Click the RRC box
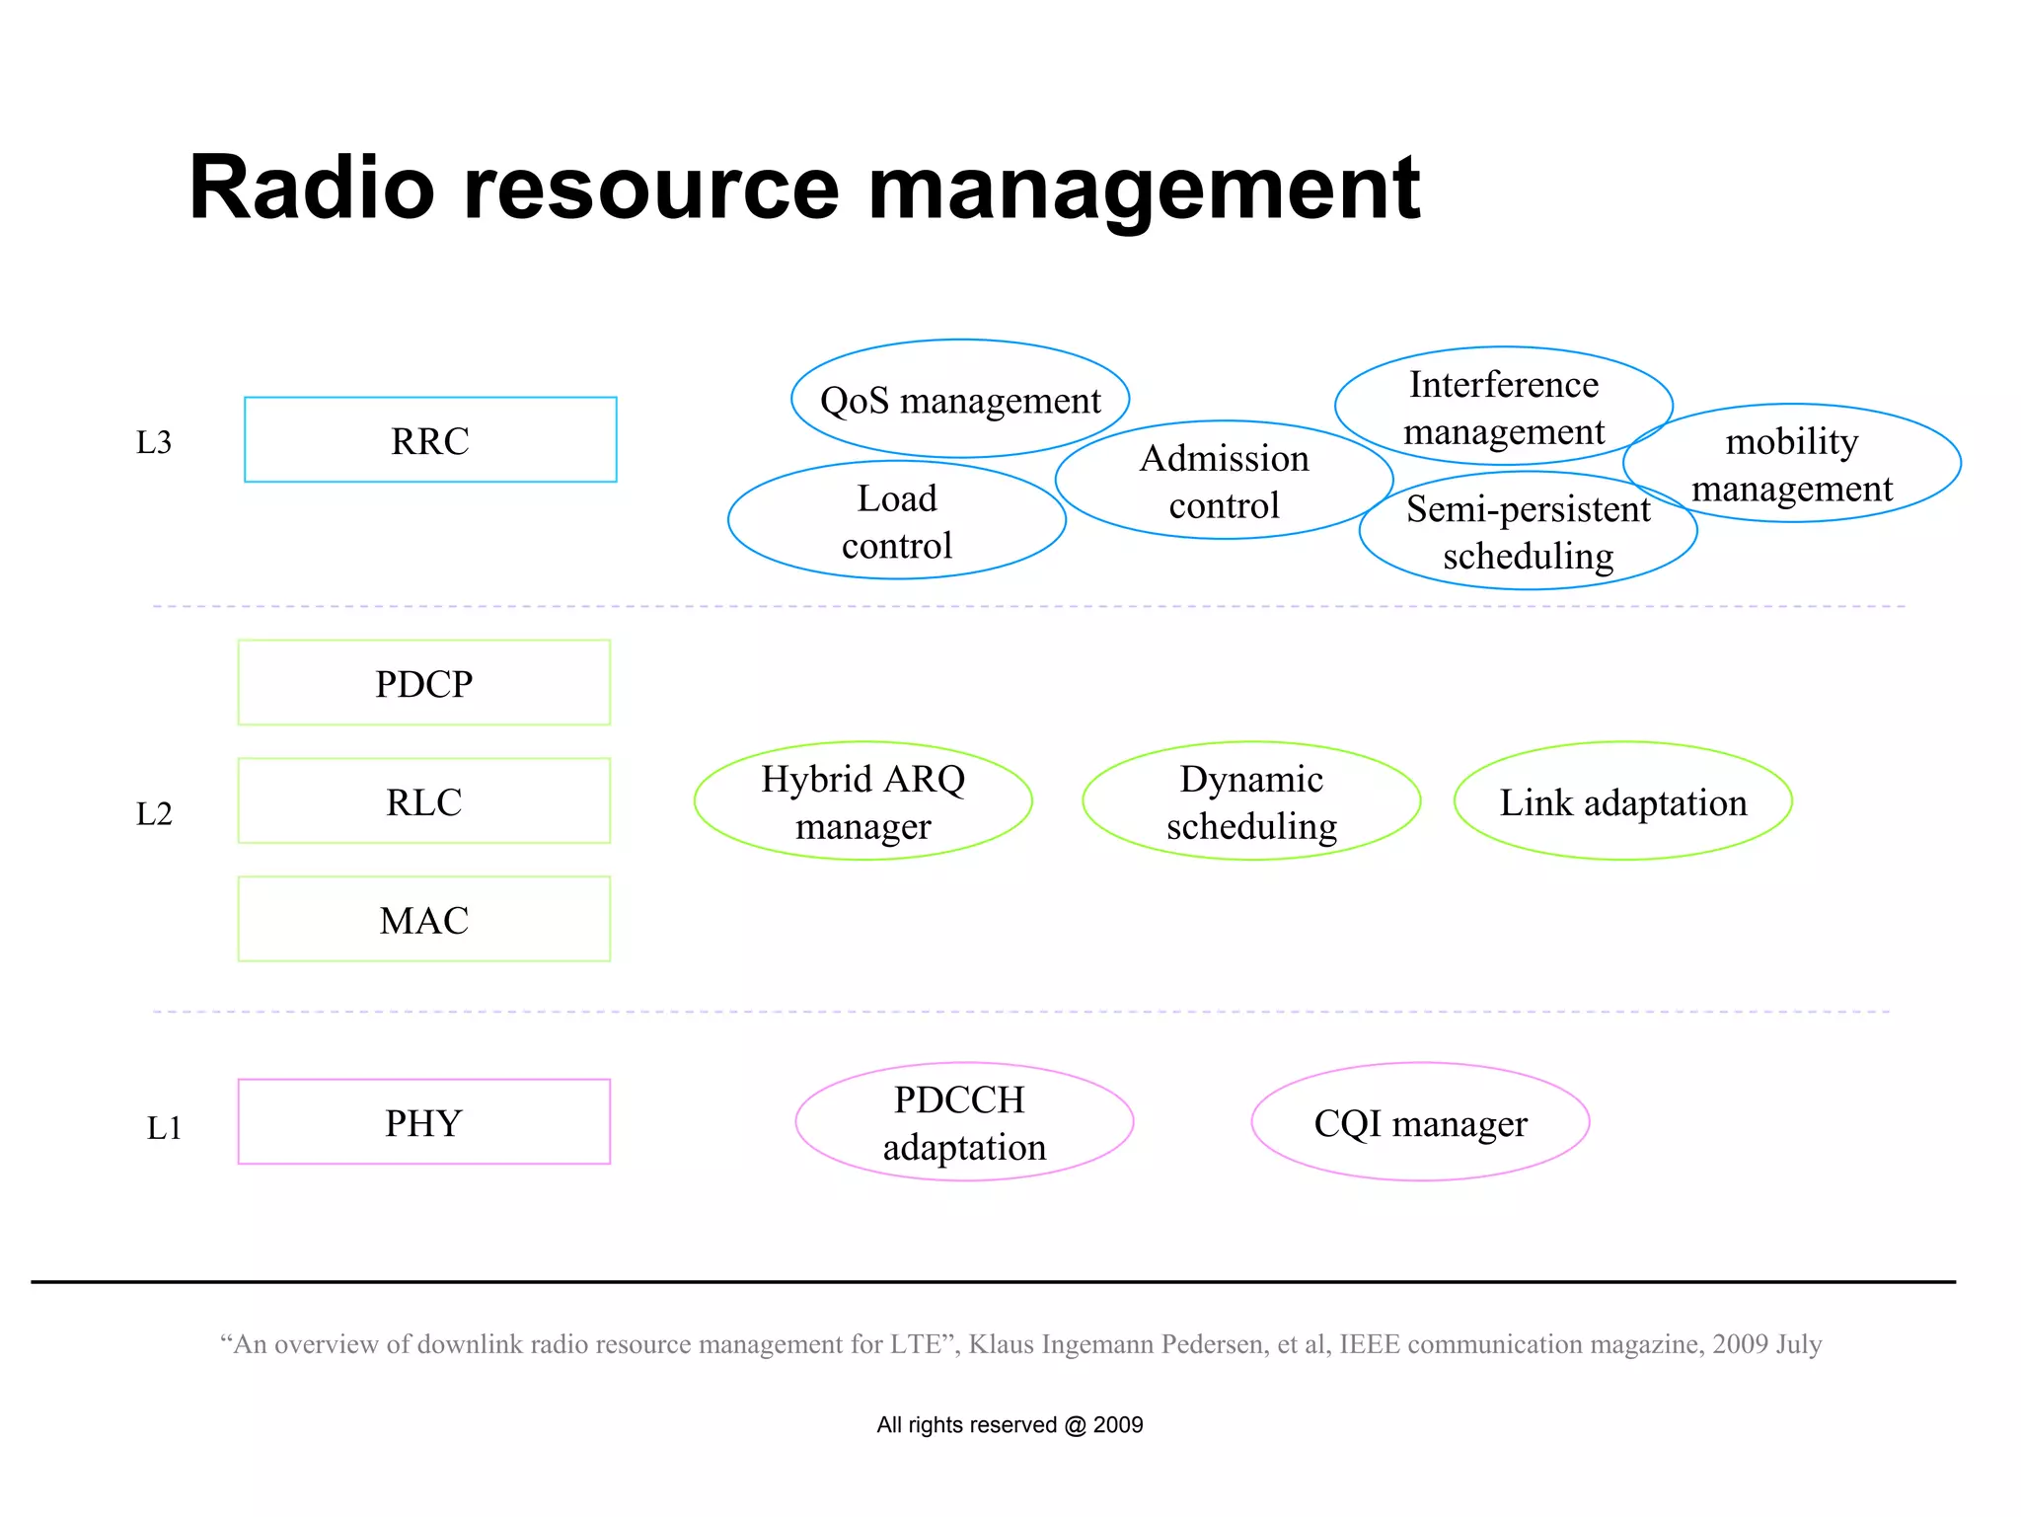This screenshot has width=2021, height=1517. [x=430, y=440]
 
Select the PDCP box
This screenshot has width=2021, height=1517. [x=424, y=683]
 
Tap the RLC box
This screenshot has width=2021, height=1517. [x=424, y=801]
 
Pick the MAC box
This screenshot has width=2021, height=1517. [x=424, y=920]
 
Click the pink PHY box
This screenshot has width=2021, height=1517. [x=424, y=1122]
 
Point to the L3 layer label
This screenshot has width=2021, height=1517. [x=154, y=442]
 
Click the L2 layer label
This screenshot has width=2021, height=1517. [x=154, y=814]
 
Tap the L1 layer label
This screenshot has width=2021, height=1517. [x=164, y=1127]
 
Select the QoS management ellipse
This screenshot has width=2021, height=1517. [x=959, y=400]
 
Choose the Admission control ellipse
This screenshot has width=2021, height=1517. [x=1224, y=482]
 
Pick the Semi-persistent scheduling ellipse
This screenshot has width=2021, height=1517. [x=1528, y=533]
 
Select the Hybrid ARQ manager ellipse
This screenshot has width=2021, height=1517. [x=862, y=801]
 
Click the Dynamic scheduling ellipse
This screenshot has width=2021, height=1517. [x=1251, y=801]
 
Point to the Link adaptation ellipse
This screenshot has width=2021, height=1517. [x=1623, y=801]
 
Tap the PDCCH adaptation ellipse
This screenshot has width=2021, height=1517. [x=964, y=1122]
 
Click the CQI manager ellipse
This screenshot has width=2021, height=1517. [x=1420, y=1122]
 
